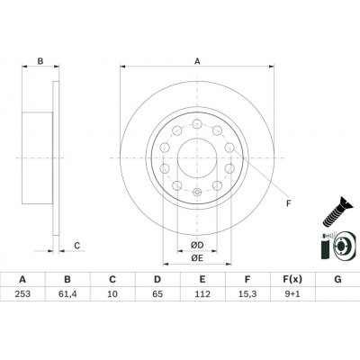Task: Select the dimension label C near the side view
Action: [77, 245]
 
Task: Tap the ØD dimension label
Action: [196, 245]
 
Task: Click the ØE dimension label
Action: [196, 258]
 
